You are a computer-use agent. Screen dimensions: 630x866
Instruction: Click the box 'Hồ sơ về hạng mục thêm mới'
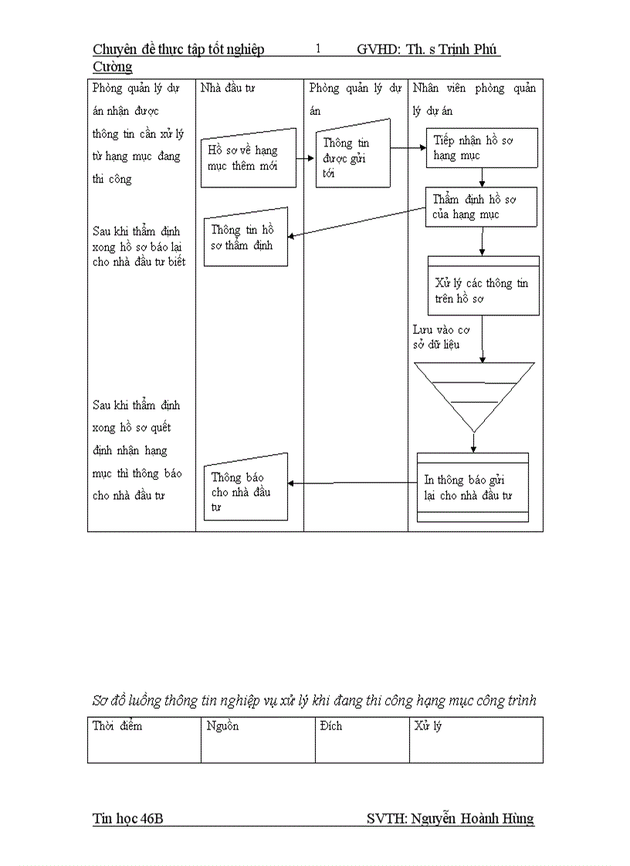coord(249,158)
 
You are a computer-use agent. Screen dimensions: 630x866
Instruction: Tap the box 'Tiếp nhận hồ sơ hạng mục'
coord(482,147)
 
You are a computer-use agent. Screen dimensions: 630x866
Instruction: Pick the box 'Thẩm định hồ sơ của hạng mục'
coord(481,207)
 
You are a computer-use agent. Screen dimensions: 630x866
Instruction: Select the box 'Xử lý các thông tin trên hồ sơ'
coord(483,287)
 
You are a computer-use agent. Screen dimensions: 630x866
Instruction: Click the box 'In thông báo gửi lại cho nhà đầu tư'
coord(472,487)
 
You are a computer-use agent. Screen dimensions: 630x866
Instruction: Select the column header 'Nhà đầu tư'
coord(228,89)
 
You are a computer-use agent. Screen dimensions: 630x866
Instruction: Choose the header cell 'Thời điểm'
coord(117,726)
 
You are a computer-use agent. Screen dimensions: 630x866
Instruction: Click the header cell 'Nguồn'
coord(223,726)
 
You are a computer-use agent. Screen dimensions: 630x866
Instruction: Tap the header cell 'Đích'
coord(330,726)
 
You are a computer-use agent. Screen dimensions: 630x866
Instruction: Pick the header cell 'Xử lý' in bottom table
coord(428,726)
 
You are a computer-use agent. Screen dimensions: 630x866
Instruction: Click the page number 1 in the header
coord(318,49)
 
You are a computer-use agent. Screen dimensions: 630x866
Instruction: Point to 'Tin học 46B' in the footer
coord(127,819)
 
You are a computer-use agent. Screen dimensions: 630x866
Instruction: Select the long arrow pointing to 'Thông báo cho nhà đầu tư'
coord(352,484)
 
